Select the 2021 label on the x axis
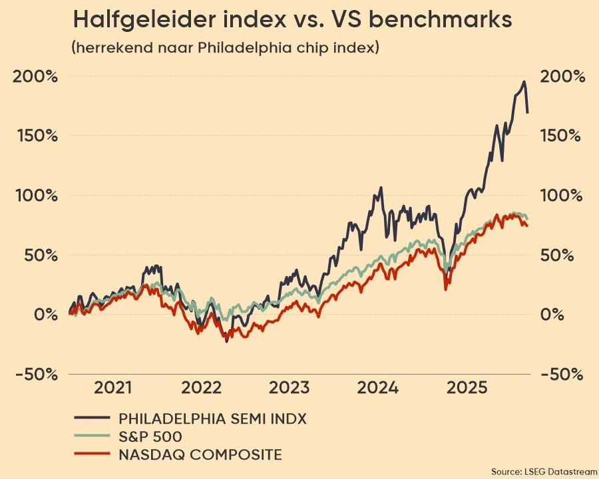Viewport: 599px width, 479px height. (112, 388)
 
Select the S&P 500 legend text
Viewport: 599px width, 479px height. (150, 436)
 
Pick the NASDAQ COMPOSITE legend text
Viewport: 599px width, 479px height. (200, 455)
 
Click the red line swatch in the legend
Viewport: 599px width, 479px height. (91, 455)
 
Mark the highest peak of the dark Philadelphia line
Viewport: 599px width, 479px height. (524, 82)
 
